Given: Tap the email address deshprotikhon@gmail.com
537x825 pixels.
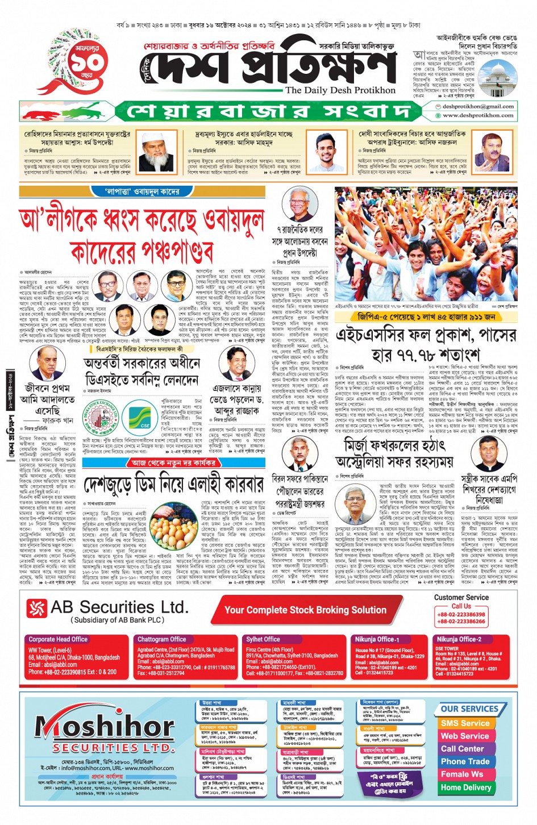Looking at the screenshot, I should (478, 106).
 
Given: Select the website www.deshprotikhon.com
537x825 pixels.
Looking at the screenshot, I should (478, 115).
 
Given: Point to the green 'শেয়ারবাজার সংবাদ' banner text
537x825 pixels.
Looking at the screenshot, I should (268, 111).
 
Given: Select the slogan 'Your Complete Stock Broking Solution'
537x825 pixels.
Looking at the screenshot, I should (305, 610).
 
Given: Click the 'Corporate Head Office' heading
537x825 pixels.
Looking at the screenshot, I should (58, 639).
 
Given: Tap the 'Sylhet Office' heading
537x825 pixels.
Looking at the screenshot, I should (263, 639).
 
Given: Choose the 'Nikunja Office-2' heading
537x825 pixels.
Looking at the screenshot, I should (459, 639).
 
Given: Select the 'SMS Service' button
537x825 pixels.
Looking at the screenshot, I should (465, 723).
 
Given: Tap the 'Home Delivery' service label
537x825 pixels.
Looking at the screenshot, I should (465, 788).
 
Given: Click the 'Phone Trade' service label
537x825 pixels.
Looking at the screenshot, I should (465, 761).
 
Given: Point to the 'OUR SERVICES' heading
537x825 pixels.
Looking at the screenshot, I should (469, 709).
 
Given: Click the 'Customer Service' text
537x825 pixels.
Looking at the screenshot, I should (461, 597).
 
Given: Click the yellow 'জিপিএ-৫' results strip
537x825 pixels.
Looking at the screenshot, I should (426, 316).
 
